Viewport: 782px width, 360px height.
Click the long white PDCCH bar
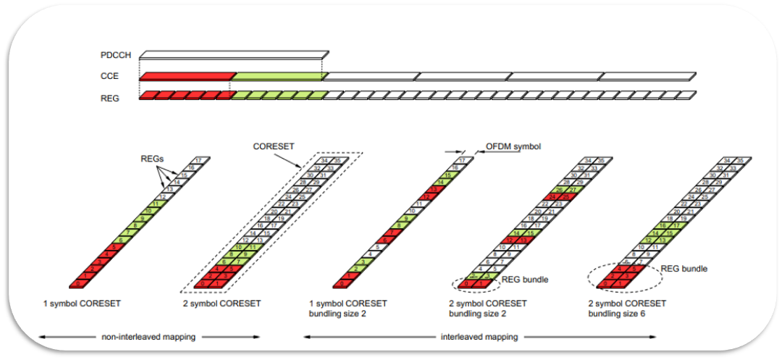pos(234,55)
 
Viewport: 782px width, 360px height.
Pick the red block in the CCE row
pos(186,75)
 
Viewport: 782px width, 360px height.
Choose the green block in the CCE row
pos(278,75)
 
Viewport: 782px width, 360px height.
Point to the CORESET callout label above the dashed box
pos(272,145)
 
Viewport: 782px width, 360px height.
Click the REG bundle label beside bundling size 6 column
pos(684,269)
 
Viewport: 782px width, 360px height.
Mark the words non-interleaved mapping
pos(148,337)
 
